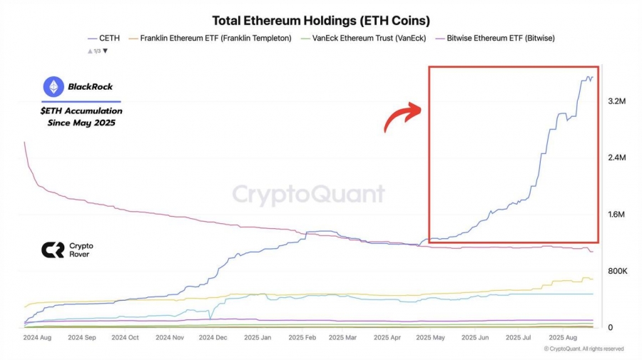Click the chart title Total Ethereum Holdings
pos(321,21)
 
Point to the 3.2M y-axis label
pos(616,101)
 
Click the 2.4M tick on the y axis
pos(616,158)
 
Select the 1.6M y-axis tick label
pos(616,215)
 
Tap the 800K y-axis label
pos(616,272)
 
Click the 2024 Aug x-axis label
pos(38,337)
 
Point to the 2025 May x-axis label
pos(429,337)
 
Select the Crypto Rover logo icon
pos(51,250)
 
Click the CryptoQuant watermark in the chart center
pos(309,195)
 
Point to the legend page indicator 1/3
pos(98,51)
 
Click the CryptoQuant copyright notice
pos(584,349)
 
